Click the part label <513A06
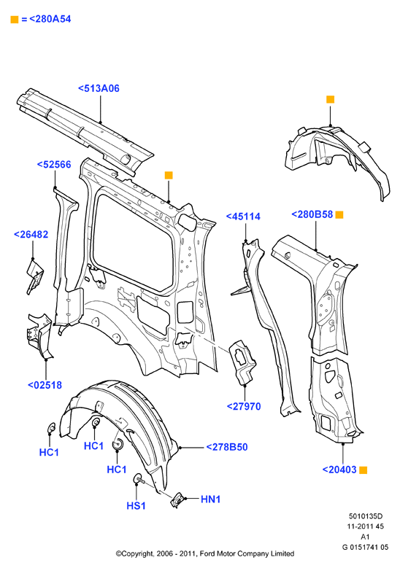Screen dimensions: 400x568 tap(99, 88)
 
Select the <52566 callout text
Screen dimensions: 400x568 tap(54, 165)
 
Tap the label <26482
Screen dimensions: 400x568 tap(31, 234)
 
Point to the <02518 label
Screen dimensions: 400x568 tap(45, 385)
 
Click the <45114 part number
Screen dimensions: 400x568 tap(243, 217)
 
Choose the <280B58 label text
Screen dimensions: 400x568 tap(312, 214)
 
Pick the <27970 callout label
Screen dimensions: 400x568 tap(244, 406)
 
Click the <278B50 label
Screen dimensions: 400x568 tap(227, 447)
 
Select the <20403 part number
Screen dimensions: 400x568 tap(340, 470)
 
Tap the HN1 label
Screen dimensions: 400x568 tap(211, 499)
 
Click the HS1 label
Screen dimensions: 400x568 tap(136, 506)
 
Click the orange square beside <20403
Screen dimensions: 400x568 tap(363, 470)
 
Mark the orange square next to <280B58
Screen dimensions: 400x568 tap(339, 214)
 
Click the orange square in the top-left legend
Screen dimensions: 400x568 tap(15, 19)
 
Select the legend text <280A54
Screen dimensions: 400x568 tap(50, 19)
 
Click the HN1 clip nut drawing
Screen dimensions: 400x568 tap(177, 500)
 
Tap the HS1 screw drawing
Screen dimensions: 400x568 tap(139, 478)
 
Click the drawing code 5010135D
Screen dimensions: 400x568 tap(366, 516)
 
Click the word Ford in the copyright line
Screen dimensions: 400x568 tap(207, 553)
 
